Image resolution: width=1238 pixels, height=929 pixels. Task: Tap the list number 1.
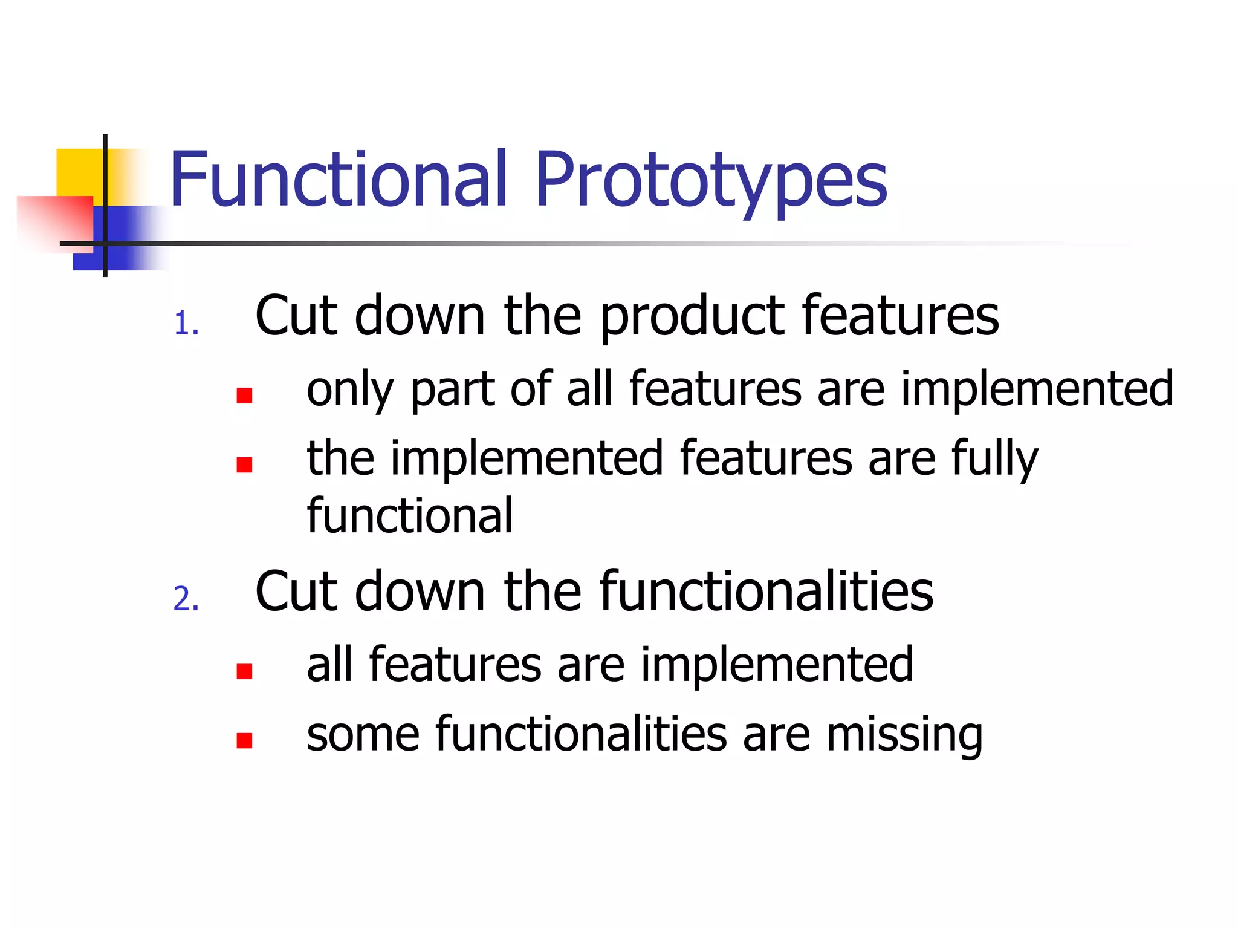tap(186, 324)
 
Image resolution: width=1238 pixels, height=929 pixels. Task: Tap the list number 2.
tap(186, 599)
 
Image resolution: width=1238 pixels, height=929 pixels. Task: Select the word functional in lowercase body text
tap(410, 515)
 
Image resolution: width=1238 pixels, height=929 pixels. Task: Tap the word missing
tap(904, 735)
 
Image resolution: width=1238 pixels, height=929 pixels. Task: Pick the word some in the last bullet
tap(363, 735)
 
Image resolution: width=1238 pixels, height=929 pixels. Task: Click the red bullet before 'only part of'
tap(244, 396)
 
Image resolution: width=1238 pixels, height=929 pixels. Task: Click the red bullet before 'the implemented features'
tap(244, 464)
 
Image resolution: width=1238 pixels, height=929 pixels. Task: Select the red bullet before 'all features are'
tap(244, 671)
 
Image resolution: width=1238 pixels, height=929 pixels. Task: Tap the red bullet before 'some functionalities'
tap(244, 740)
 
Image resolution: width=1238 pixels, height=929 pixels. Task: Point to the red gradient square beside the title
tap(54, 221)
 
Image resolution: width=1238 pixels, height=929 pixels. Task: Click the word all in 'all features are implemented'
tap(329, 665)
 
